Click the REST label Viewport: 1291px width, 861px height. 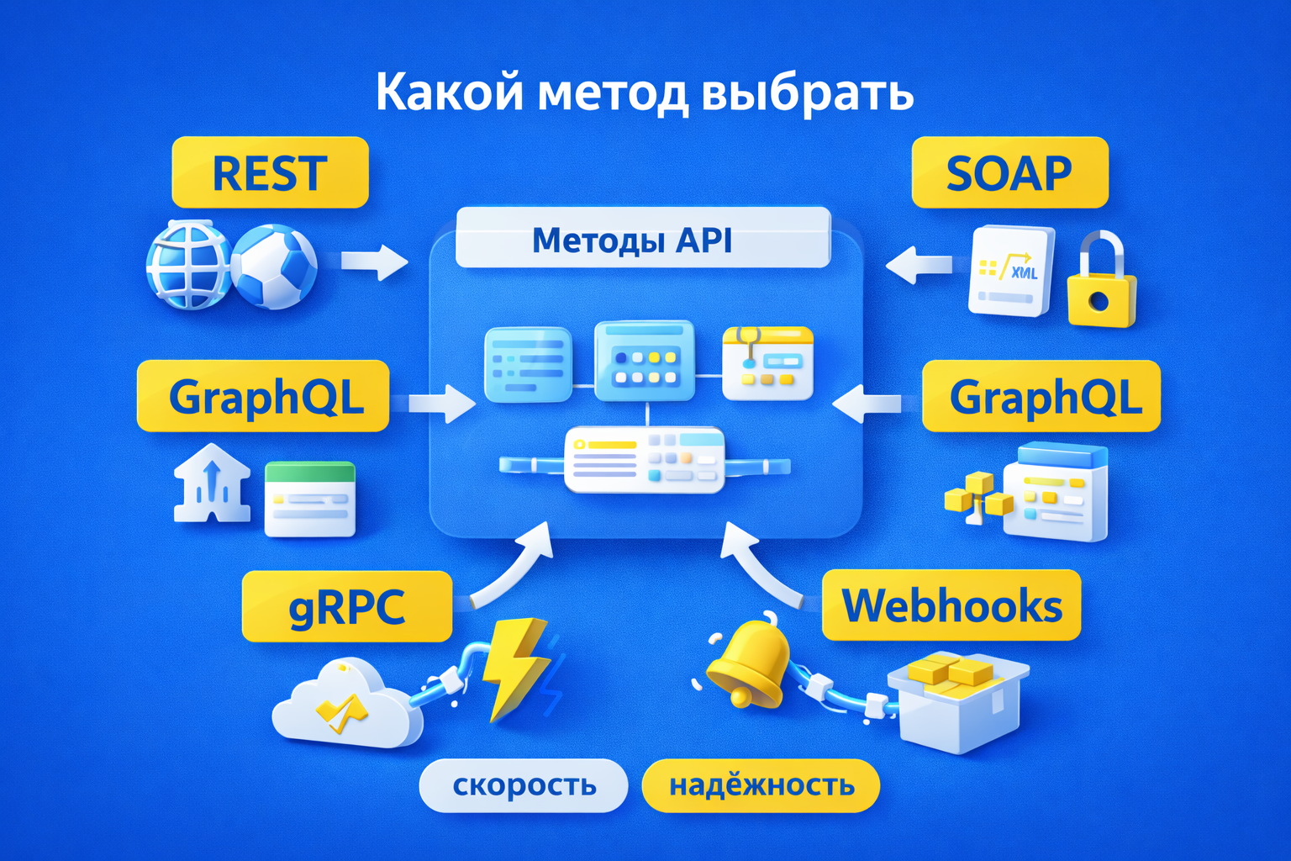270,172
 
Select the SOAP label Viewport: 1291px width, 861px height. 1009,172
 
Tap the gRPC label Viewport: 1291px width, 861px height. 346,606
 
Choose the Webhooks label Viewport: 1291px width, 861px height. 951,605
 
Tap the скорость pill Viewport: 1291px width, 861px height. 524,785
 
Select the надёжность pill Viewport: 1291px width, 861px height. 761,785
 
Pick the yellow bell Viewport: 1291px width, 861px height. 748,664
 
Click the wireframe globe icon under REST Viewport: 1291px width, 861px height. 188,265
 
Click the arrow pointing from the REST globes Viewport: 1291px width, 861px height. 374,261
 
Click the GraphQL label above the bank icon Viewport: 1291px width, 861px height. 263,396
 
